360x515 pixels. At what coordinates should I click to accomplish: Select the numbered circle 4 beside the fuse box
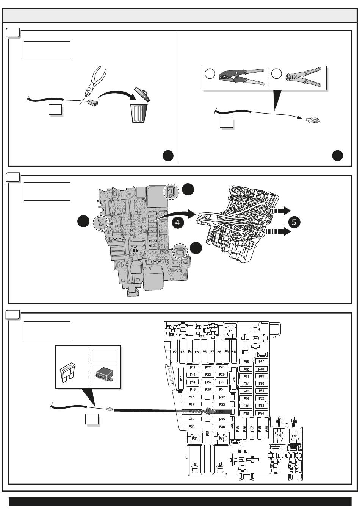click(x=178, y=222)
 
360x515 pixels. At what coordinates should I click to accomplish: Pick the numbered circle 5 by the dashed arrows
click(x=294, y=222)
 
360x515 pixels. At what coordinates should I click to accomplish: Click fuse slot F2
click(x=175, y=352)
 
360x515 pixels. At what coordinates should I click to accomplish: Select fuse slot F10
click(x=234, y=352)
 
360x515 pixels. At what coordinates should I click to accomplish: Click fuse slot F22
click(x=208, y=367)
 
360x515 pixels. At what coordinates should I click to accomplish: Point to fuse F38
click(x=234, y=379)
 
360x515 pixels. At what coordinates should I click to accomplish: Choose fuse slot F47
click(x=261, y=362)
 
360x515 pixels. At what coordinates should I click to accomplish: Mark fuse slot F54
click(x=261, y=413)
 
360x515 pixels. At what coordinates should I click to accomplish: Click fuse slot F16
click(x=192, y=397)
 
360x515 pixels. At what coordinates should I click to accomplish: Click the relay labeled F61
click(x=294, y=436)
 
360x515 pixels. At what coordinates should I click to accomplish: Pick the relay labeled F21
click(x=194, y=439)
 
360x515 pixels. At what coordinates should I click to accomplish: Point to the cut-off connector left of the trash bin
click(x=93, y=102)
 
